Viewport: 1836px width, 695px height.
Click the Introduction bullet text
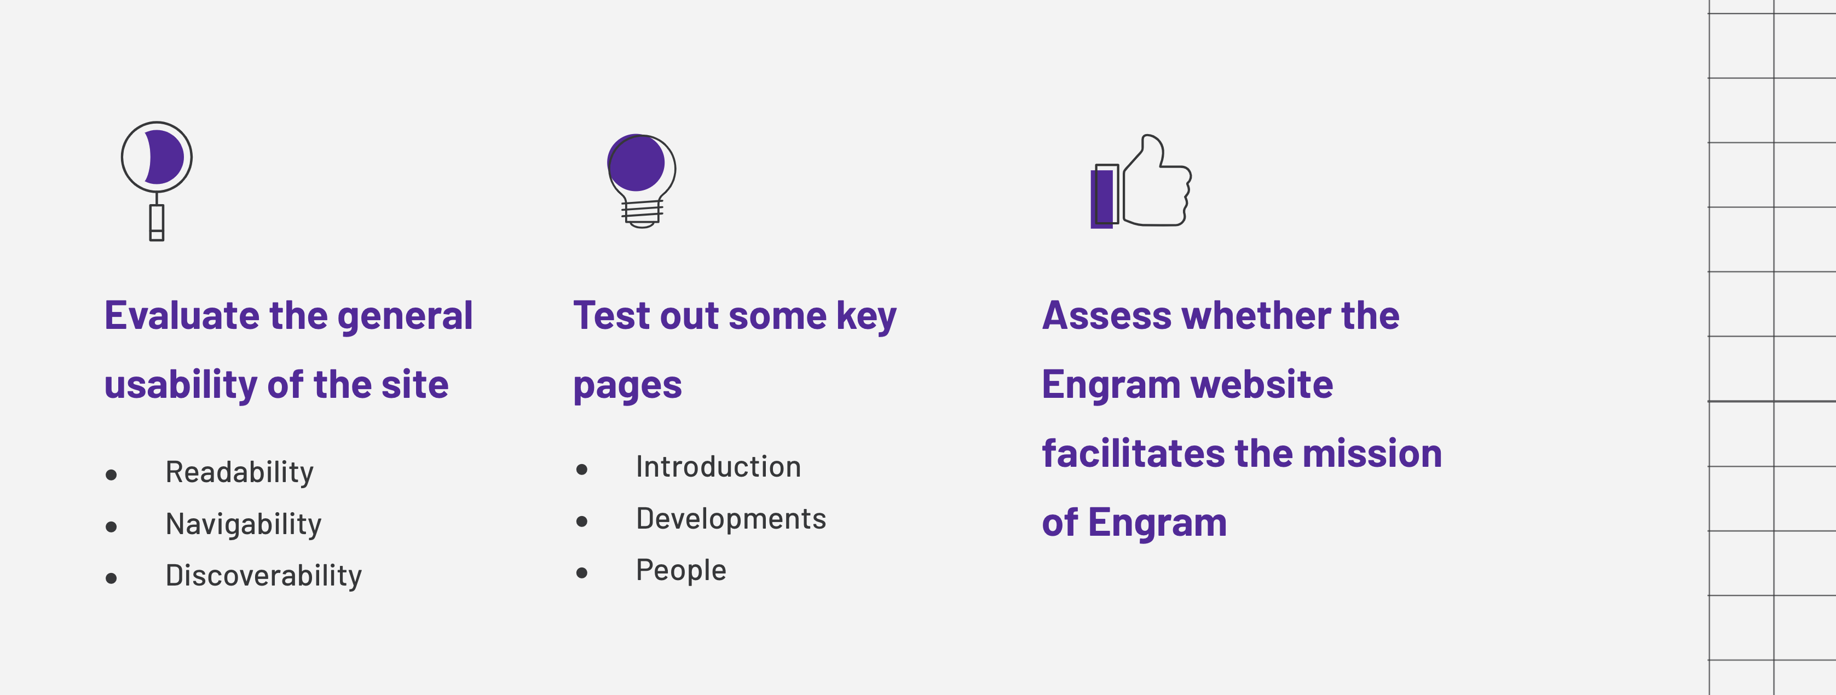718,467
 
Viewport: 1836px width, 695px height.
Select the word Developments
731,519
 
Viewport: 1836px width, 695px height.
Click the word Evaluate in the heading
182,315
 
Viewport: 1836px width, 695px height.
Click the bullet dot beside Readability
111,475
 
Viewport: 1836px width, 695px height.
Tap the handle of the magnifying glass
157,222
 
